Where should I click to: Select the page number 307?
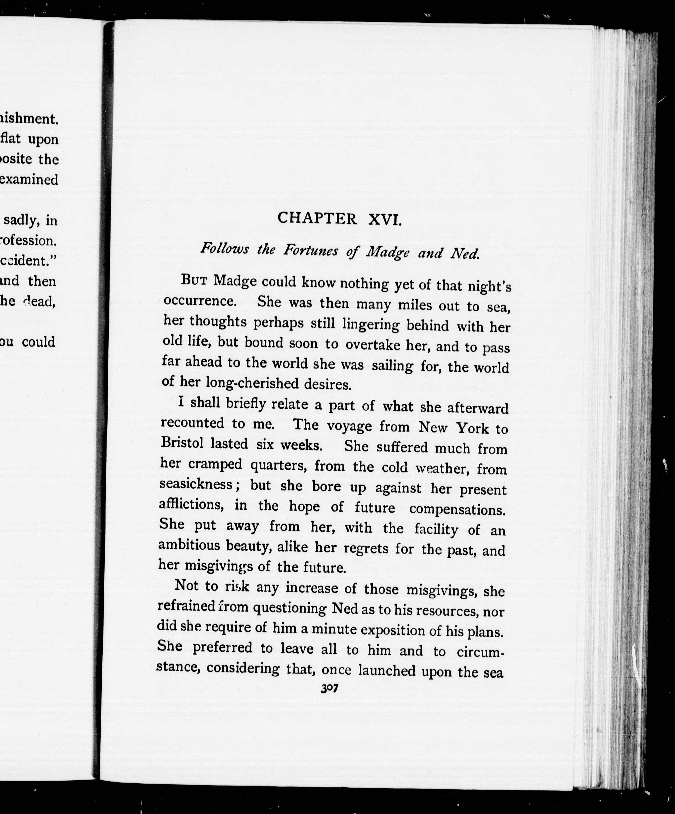coord(330,688)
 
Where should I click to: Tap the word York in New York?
coord(472,428)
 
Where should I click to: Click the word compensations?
coord(457,509)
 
